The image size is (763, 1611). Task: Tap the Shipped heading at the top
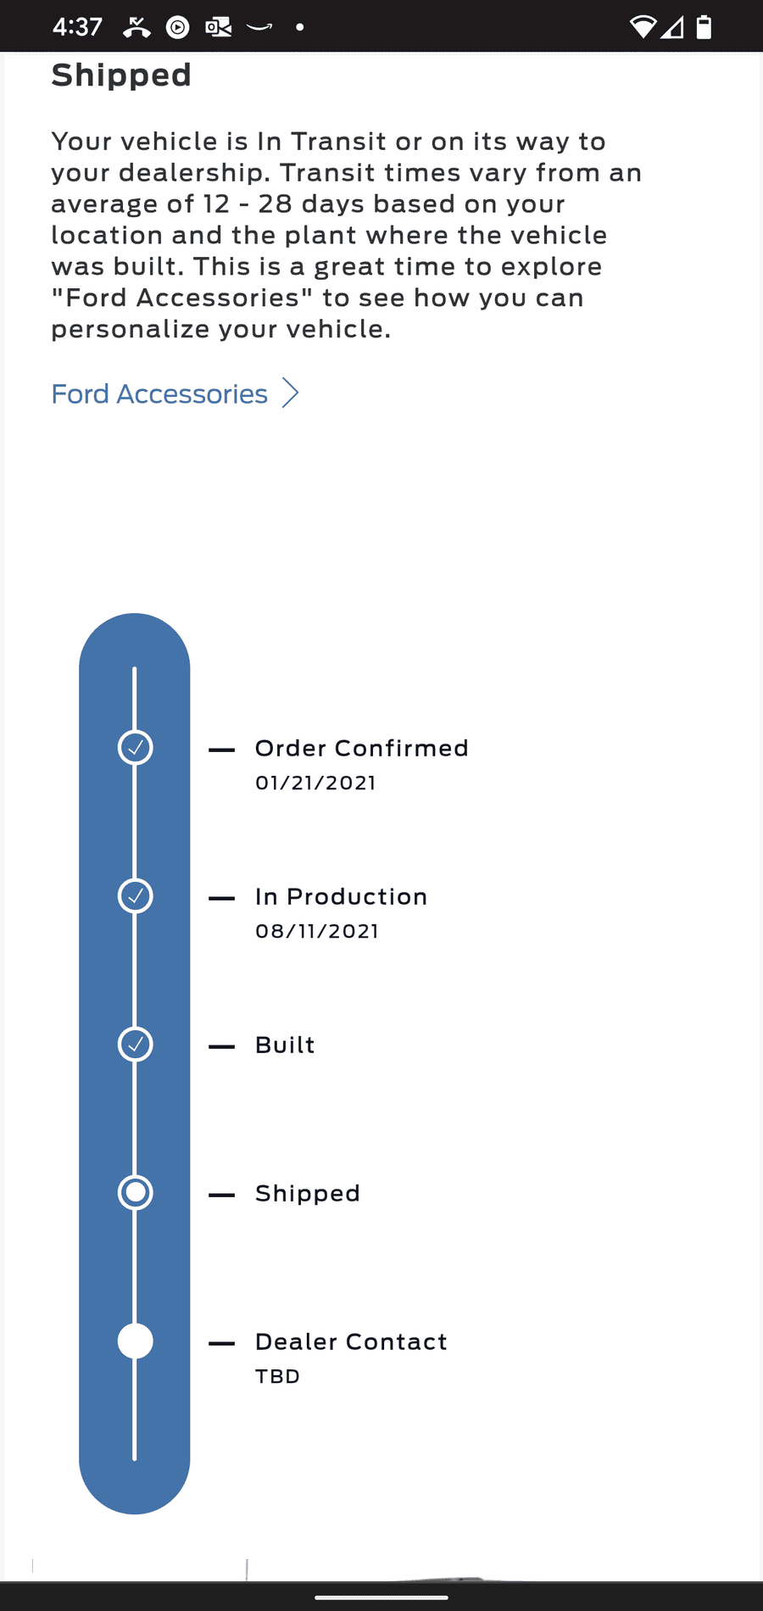click(121, 75)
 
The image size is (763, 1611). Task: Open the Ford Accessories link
click(159, 394)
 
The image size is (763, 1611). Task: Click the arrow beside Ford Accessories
click(291, 393)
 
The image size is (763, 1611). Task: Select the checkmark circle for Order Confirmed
click(135, 748)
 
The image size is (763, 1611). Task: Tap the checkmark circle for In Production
click(135, 896)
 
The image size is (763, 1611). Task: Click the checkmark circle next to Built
click(135, 1045)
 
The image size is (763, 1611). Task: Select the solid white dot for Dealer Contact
click(135, 1341)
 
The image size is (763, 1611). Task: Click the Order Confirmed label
click(362, 748)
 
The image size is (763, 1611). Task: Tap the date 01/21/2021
click(315, 783)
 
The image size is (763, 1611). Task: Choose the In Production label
click(342, 896)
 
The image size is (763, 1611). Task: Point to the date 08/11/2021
click(317, 931)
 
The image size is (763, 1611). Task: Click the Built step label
click(285, 1045)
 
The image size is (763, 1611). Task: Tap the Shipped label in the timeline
click(308, 1194)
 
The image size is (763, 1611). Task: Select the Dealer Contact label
click(351, 1341)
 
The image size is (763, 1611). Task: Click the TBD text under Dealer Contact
click(278, 1376)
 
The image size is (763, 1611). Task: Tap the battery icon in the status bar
click(704, 27)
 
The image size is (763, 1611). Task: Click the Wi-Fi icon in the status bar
click(643, 27)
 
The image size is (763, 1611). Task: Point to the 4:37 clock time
click(77, 27)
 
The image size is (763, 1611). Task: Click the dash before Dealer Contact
click(222, 1343)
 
